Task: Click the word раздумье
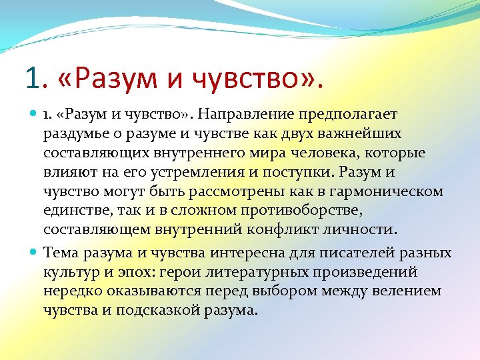[x=75, y=134]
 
